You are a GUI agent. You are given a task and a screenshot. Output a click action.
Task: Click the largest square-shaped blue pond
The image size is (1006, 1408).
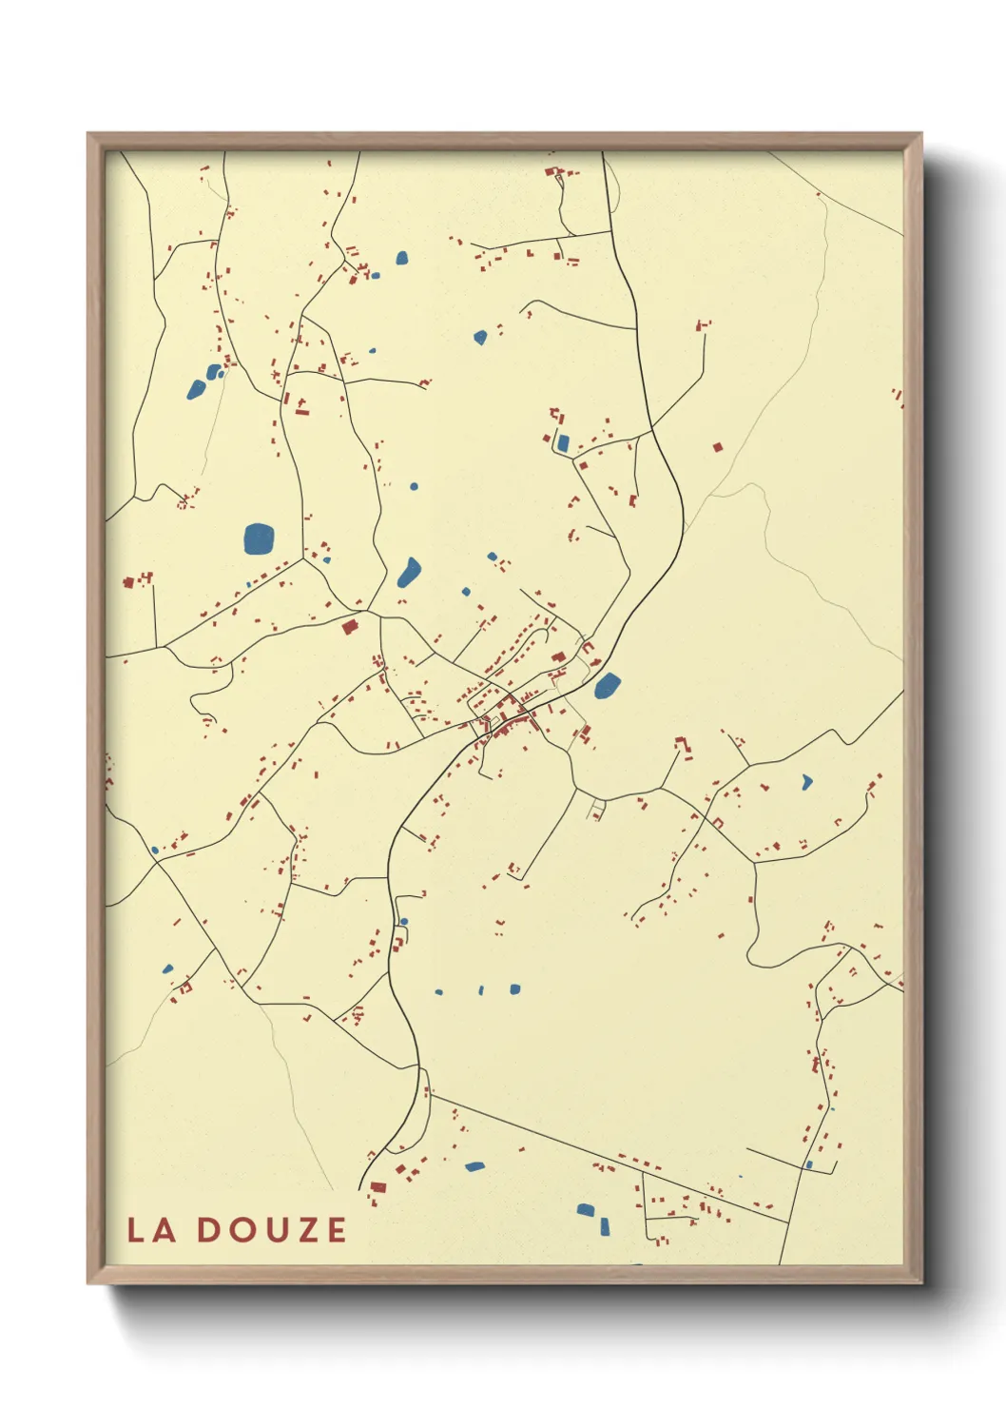258,538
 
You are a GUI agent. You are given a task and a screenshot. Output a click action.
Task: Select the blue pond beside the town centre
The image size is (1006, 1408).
607,685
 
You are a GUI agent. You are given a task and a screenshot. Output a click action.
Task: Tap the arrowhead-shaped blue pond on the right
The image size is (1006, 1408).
807,782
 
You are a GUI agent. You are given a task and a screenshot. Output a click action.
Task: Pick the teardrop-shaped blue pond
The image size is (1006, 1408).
409,572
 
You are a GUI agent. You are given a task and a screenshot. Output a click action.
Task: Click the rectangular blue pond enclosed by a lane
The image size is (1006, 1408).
562,442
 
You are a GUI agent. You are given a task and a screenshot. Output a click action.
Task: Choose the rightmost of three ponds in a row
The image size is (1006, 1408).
514,989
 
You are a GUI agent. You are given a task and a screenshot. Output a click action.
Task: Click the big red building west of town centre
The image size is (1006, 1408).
349,626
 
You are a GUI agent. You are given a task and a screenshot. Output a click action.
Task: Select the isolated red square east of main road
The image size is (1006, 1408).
718,446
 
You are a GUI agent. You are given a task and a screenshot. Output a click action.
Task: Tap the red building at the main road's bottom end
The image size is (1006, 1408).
377,1187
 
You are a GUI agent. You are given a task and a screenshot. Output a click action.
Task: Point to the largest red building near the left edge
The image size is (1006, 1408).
129,581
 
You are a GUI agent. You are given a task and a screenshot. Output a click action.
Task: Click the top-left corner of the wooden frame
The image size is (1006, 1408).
89,135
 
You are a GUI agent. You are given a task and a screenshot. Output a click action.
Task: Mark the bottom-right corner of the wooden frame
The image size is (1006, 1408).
920,1282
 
